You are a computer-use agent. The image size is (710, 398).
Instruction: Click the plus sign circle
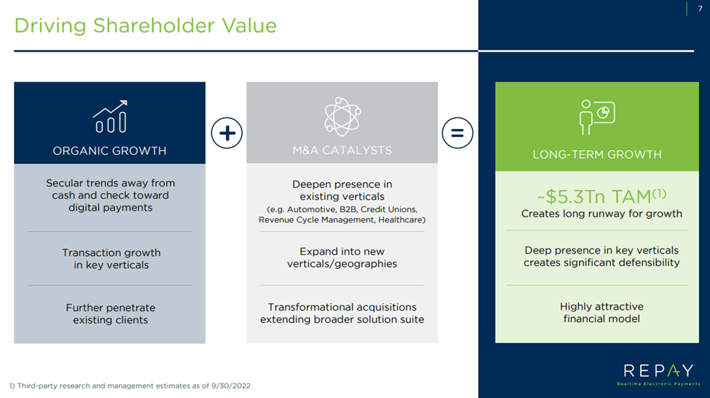coord(227,133)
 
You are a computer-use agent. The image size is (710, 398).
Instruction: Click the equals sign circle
coord(457,133)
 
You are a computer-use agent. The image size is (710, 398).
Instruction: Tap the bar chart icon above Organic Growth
coord(110,117)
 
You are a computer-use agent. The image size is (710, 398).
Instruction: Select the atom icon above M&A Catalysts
coord(343,117)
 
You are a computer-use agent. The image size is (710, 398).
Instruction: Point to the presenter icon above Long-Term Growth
coord(597,117)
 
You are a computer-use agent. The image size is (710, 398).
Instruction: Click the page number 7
coord(700,9)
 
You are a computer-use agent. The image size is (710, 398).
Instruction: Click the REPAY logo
coord(658,375)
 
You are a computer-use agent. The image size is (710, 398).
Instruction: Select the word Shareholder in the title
coord(154,26)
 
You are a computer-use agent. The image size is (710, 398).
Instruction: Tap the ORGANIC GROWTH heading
coord(109,151)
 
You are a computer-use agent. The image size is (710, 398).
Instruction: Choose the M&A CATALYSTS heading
coord(343,150)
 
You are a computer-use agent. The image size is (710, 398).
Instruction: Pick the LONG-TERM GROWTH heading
coord(597,155)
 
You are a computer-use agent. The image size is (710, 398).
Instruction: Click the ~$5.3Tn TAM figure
coord(601,197)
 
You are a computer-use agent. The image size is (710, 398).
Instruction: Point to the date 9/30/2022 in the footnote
coord(231,386)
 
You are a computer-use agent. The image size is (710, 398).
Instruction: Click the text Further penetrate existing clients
coord(111,313)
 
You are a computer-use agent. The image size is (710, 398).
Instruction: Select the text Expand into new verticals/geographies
coord(343,257)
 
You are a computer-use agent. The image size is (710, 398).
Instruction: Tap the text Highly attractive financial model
coord(601,313)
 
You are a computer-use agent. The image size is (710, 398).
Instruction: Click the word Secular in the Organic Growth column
coord(62,183)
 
